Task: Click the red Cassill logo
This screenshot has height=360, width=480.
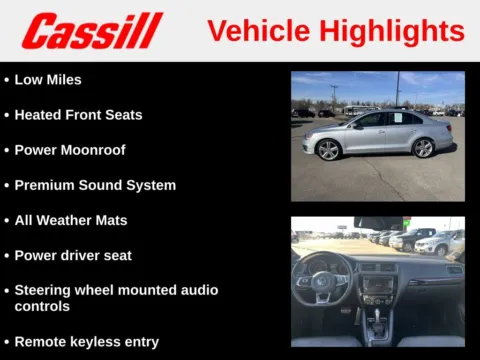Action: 91,31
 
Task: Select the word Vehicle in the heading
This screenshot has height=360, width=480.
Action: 255,31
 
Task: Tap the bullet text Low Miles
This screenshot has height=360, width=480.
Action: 48,79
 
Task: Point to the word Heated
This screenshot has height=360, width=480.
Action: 40,115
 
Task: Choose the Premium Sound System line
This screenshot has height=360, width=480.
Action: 95,185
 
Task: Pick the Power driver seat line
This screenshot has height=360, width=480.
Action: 73,255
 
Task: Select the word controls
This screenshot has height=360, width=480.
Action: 42,307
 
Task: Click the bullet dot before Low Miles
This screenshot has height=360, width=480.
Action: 7,80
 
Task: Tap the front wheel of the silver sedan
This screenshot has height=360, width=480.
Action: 327,150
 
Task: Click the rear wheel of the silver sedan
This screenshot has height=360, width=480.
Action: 423,148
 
